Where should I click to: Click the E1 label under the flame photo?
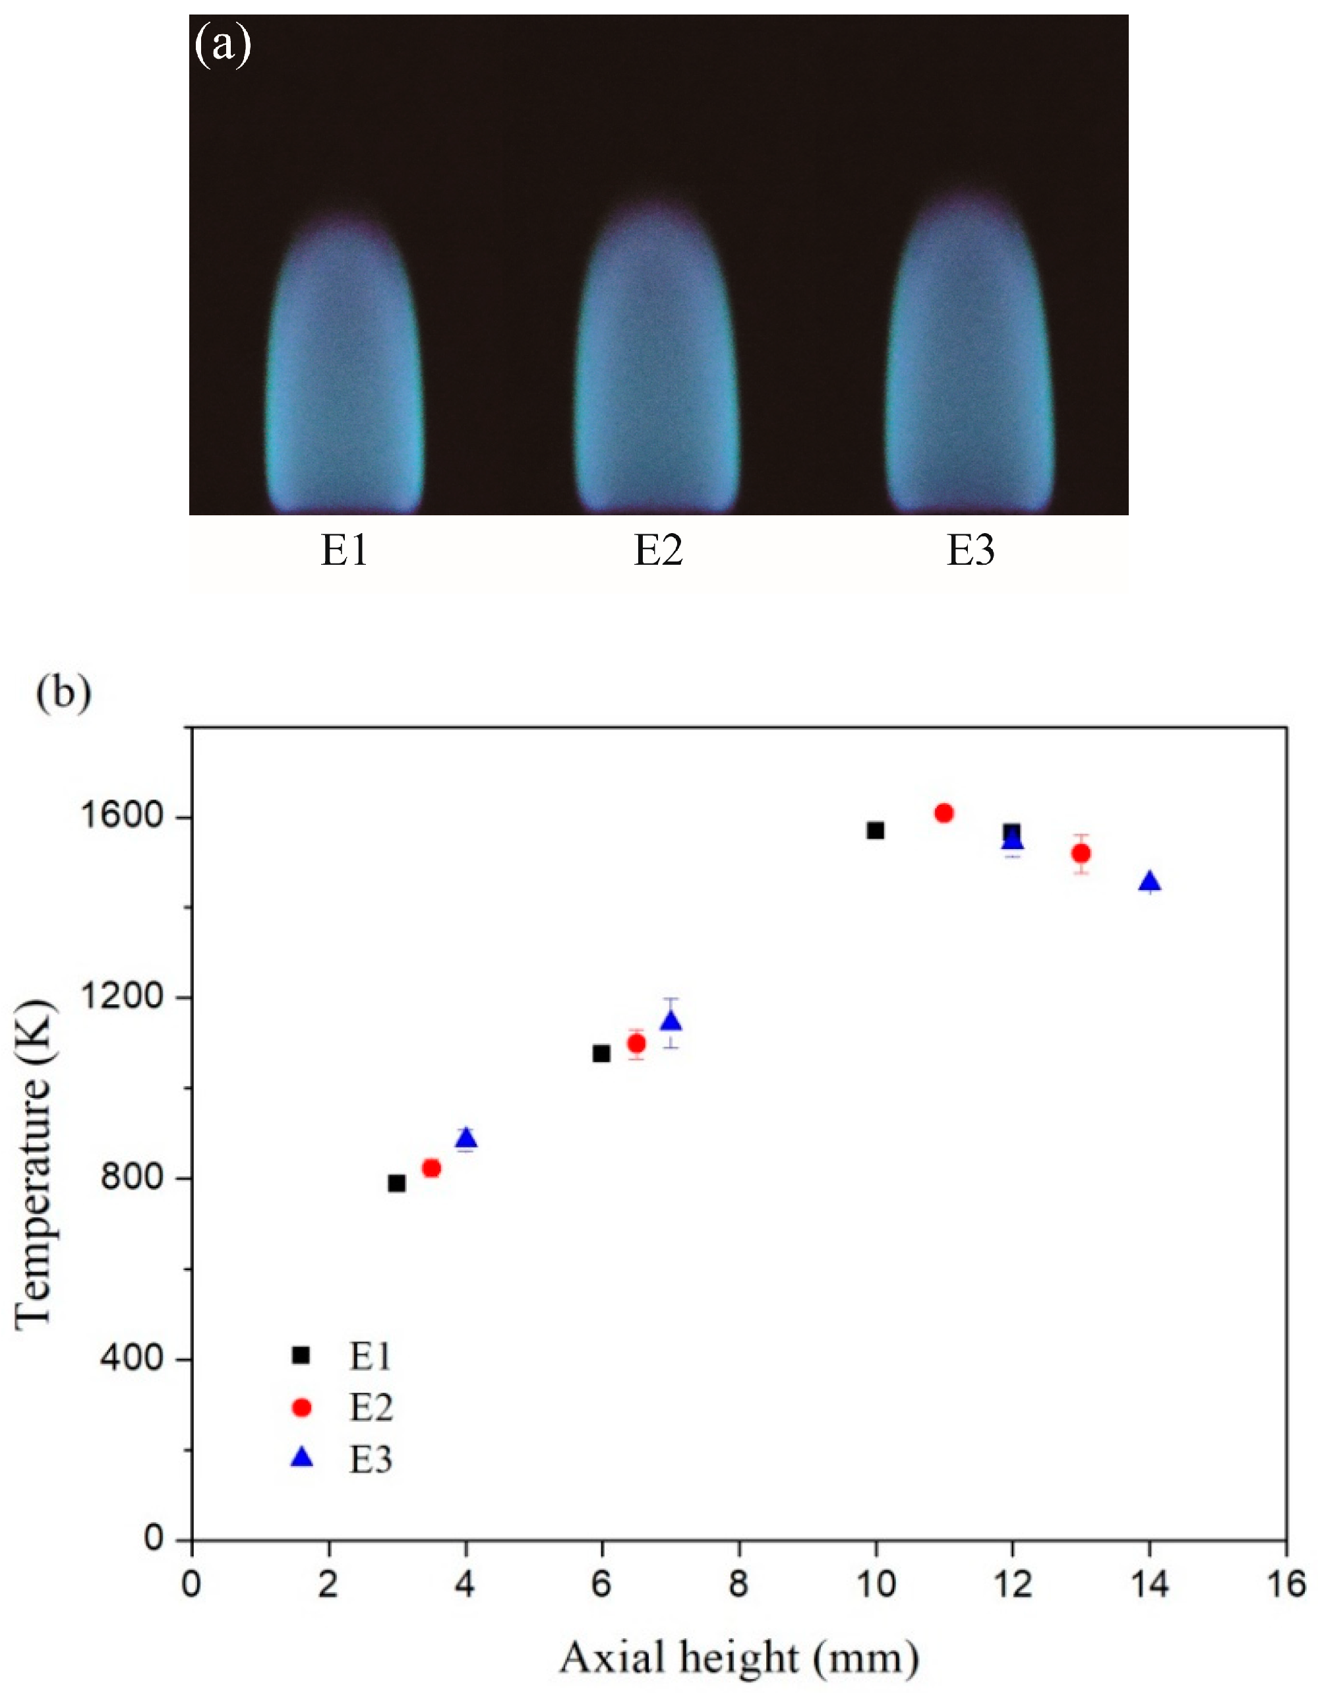coord(345,551)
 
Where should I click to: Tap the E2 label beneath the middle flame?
coord(658,551)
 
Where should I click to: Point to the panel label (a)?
coord(222,46)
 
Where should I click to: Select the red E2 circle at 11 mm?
coord(944,813)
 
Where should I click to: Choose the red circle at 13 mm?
coord(1081,854)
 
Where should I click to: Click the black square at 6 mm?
coord(601,1054)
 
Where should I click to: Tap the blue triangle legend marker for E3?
coord(301,1458)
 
